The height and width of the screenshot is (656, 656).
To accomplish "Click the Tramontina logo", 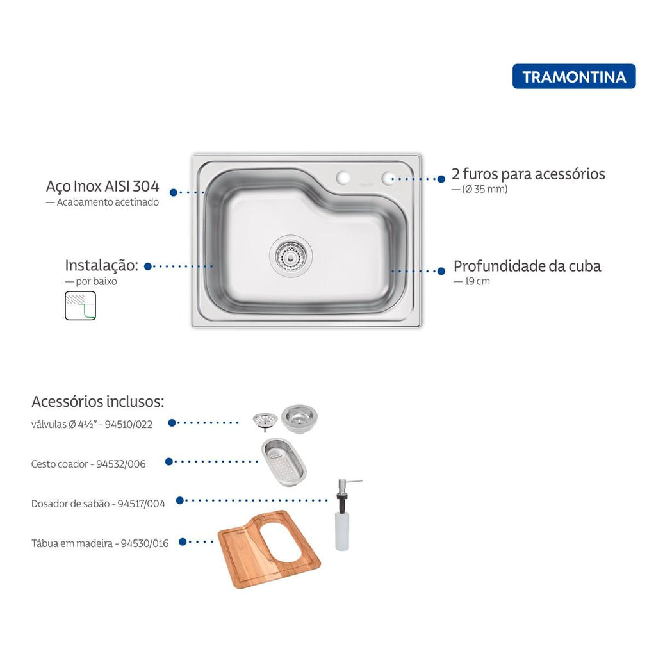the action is pyautogui.click(x=573, y=76).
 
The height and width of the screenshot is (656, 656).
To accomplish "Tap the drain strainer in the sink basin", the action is pyautogui.click(x=291, y=255).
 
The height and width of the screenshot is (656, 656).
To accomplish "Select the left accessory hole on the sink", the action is pyautogui.click(x=343, y=178).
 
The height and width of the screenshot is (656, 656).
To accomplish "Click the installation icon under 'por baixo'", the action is pyautogui.click(x=80, y=306).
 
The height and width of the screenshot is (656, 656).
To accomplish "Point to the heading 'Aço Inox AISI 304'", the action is pyautogui.click(x=102, y=186).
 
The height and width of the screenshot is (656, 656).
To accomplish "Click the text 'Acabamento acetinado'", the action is pyautogui.click(x=108, y=202).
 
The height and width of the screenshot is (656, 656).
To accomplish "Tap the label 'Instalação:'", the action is pyautogui.click(x=102, y=265).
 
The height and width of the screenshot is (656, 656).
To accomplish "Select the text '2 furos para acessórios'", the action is pyautogui.click(x=529, y=174).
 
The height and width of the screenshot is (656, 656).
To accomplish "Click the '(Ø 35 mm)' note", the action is pyautogui.click(x=485, y=189).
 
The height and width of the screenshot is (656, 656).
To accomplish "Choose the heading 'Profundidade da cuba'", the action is pyautogui.click(x=527, y=266).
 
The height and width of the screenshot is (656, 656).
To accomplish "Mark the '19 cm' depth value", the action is pyautogui.click(x=477, y=281).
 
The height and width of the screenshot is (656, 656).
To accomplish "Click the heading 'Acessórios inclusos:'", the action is pyautogui.click(x=98, y=402).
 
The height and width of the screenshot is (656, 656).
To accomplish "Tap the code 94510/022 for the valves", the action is pyautogui.click(x=128, y=424).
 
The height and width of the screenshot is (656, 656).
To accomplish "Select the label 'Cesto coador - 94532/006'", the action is pyautogui.click(x=88, y=464).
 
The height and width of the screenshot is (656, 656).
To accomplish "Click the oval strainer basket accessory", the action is pyautogui.click(x=284, y=462).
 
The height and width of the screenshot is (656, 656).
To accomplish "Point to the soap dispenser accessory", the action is pyautogui.click(x=343, y=514).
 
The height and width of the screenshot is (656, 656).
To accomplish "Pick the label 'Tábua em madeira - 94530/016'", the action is pyautogui.click(x=100, y=543).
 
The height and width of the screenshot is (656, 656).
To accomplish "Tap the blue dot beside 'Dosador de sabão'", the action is pyautogui.click(x=180, y=500).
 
